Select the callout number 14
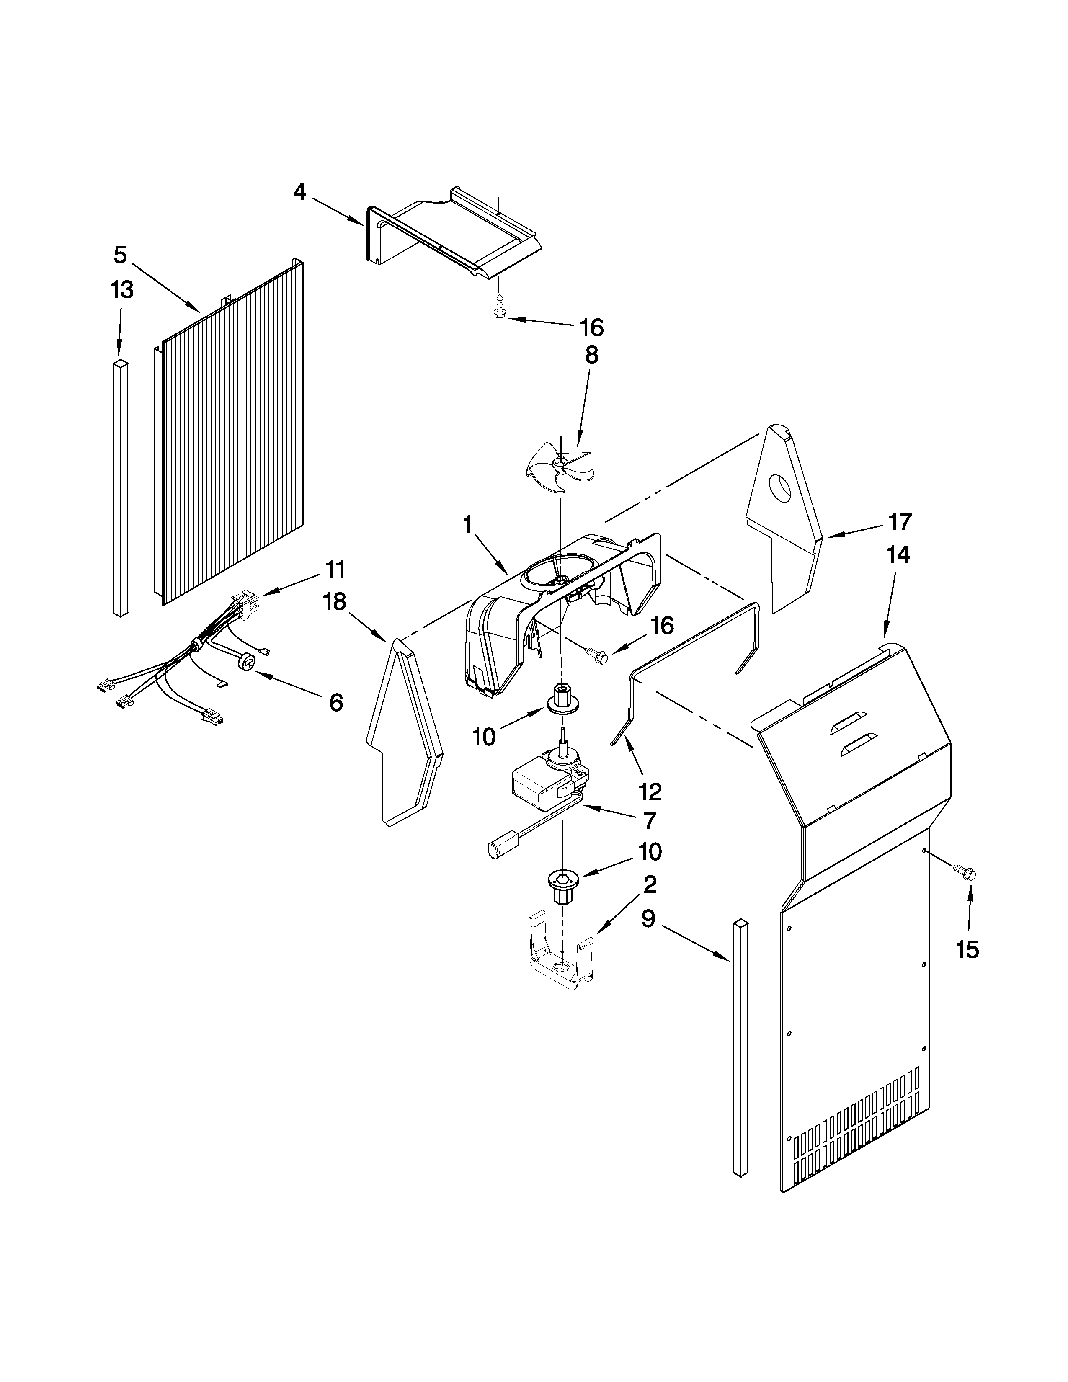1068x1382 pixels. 898,555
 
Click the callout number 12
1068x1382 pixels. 650,792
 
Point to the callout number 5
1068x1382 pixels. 120,255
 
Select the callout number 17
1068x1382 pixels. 899,522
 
